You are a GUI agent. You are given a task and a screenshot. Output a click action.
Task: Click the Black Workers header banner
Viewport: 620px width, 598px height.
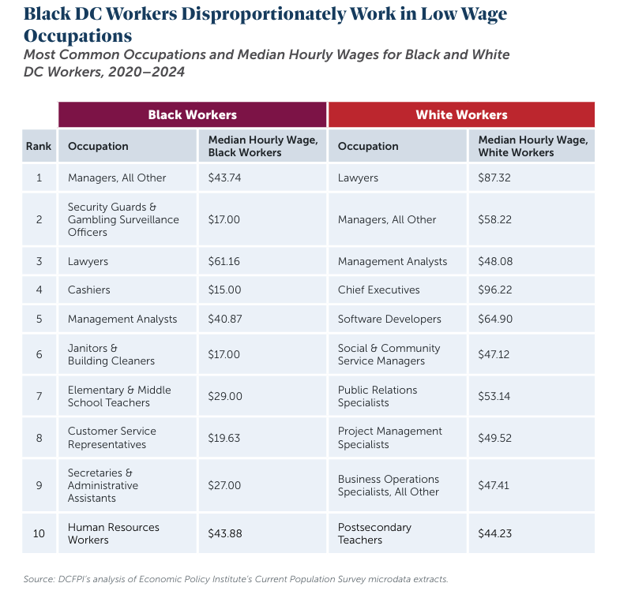(192, 114)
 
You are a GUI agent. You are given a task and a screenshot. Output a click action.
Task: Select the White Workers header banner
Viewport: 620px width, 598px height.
(461, 114)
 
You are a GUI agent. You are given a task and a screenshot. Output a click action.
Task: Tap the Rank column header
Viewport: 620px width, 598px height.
(39, 146)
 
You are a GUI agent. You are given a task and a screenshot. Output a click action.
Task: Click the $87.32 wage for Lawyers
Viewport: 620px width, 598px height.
(494, 178)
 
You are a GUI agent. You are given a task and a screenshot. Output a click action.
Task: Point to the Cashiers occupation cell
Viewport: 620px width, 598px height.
(89, 290)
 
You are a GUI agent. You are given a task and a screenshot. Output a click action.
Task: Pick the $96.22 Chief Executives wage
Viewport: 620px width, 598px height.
(494, 290)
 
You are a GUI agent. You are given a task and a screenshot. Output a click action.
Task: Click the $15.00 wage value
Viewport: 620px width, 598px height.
(224, 290)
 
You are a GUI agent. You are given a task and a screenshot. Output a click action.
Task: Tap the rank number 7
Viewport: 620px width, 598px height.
(39, 396)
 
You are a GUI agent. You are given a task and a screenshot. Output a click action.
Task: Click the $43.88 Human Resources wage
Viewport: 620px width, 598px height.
(225, 533)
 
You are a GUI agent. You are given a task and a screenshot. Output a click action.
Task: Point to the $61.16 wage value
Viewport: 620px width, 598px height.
(224, 261)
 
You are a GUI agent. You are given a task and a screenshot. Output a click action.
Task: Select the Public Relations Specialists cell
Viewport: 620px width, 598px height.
(378, 396)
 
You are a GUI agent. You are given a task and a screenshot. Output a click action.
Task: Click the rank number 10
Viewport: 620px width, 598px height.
(39, 533)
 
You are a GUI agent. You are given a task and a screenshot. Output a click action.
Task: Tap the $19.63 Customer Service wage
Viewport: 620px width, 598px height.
(224, 438)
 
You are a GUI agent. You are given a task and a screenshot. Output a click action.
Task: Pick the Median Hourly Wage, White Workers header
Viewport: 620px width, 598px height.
(532, 146)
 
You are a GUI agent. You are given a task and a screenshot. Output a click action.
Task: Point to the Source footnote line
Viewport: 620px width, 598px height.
(236, 579)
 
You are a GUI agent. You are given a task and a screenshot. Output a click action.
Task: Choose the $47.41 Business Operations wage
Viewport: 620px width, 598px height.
(494, 485)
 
